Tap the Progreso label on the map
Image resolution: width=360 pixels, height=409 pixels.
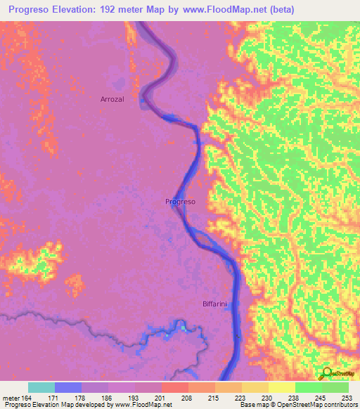[x=180, y=202]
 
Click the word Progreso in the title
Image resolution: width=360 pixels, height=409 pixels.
[x=34, y=10]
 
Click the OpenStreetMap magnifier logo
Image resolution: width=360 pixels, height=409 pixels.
[x=328, y=373]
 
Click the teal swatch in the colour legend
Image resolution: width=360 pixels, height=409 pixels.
[x=41, y=387]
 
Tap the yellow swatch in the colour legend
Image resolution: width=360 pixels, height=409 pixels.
[x=281, y=387]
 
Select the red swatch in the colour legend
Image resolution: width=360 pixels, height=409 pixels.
[x=174, y=387]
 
